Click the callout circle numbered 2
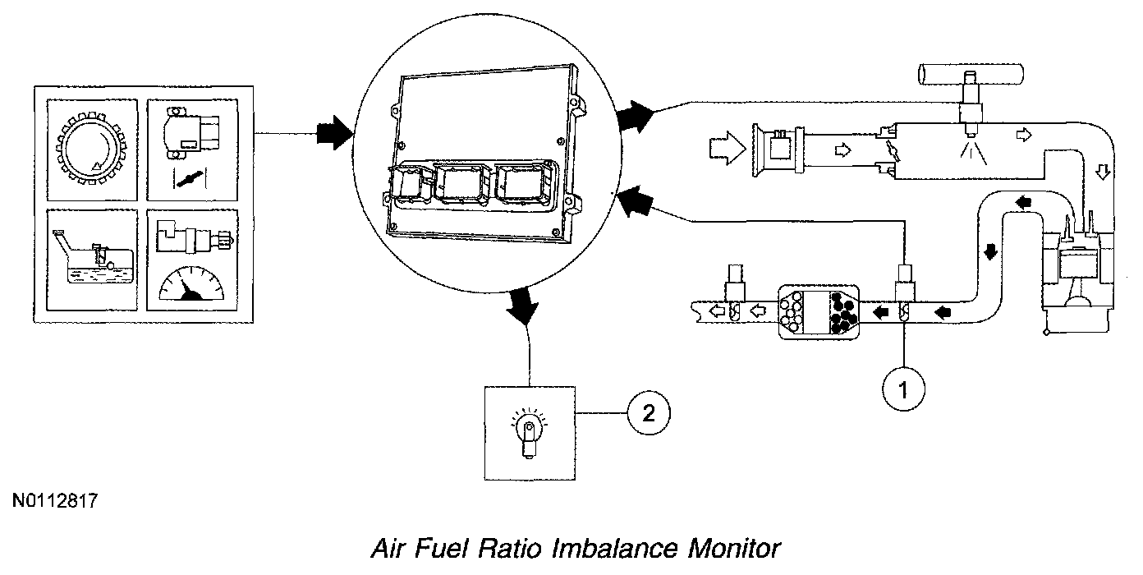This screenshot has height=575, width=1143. (649, 413)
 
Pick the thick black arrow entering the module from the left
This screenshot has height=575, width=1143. (335, 131)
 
